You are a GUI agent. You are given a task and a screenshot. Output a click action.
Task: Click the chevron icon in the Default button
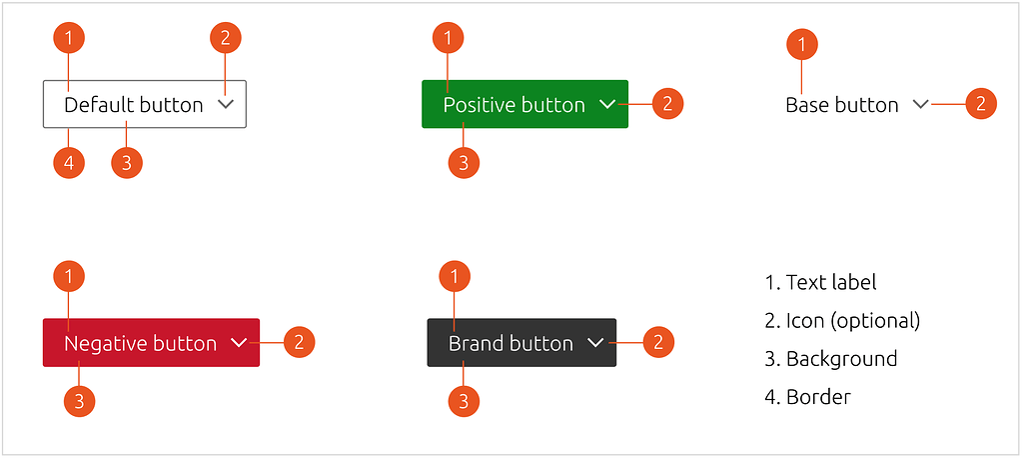pos(226,104)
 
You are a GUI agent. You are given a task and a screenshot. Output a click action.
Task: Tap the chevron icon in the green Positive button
pos(607,104)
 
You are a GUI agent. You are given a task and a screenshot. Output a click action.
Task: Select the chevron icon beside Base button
pos(921,104)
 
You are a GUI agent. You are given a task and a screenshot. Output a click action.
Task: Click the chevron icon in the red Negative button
pos(239,343)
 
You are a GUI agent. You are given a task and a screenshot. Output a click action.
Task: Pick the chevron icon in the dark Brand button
pos(596,343)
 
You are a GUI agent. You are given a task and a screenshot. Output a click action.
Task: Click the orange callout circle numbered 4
pos(69,163)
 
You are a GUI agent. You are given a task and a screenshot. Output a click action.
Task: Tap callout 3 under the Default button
pos(126,163)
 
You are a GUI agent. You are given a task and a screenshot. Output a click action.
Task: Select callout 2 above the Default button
pos(226,38)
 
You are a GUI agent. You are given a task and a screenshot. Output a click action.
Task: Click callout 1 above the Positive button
pos(449,38)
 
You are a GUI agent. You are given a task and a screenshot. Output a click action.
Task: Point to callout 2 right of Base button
pos(981,103)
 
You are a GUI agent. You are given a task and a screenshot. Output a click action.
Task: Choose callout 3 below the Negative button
pos(79,402)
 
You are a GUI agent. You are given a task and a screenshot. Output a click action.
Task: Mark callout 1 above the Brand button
pos(455,276)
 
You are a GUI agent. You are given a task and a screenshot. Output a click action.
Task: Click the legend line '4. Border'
pos(807,397)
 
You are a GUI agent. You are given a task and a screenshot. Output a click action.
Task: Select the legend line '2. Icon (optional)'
pos(841,321)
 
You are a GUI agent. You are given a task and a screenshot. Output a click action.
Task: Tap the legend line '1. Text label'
pos(820,283)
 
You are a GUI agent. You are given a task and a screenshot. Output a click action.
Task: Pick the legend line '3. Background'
pos(830,359)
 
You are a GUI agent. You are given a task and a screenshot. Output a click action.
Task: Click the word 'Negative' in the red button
pos(100,343)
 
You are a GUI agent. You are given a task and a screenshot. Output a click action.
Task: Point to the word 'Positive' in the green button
pos(477,104)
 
